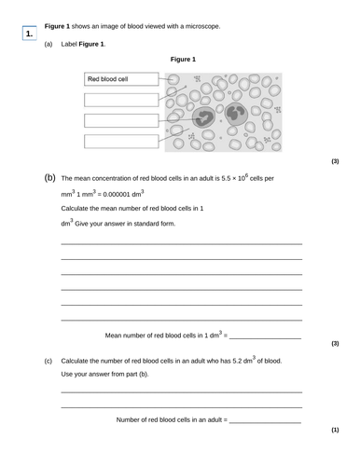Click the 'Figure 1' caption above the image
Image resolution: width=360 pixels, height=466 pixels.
182,60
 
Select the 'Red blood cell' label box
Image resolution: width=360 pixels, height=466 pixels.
121,80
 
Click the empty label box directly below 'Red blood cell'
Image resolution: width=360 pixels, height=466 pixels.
121,100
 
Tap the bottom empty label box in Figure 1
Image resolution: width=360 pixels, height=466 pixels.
121,141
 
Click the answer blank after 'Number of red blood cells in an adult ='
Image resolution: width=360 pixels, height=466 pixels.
265,420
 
